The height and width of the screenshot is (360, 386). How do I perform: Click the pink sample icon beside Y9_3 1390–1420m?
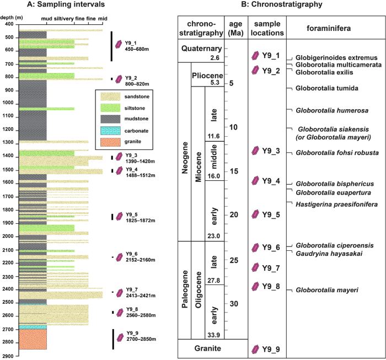tap(117, 157)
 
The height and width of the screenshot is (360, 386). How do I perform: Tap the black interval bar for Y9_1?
tap(112, 46)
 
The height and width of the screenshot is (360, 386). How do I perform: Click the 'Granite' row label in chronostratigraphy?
tap(201, 348)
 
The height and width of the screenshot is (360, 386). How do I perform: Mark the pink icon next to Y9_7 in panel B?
tap(255, 268)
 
